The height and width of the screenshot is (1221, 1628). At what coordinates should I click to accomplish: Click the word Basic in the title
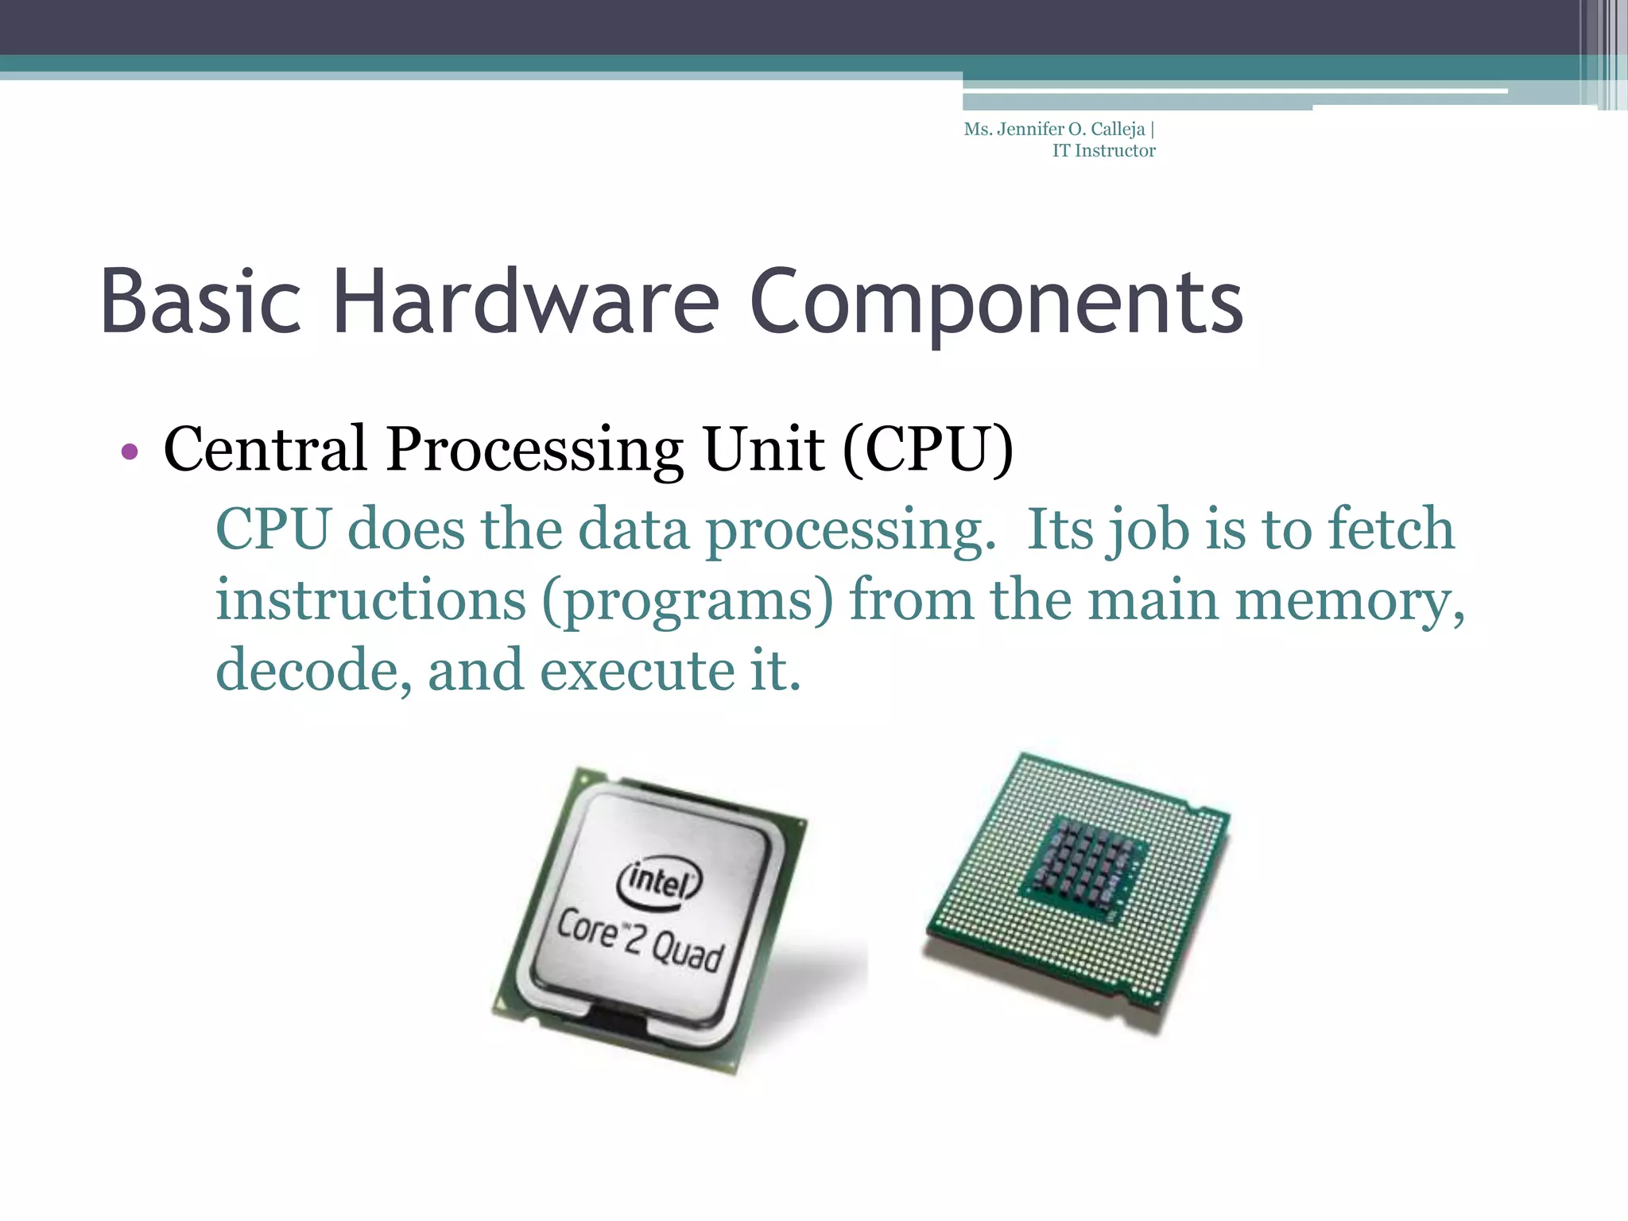[x=200, y=303]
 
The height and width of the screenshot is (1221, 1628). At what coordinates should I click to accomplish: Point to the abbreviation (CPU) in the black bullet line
[x=928, y=450]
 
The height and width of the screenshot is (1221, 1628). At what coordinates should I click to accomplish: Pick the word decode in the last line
[x=314, y=671]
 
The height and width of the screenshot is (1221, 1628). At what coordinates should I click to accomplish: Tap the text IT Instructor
[x=1103, y=151]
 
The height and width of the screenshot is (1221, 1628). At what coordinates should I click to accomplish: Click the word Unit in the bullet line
[x=763, y=450]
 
